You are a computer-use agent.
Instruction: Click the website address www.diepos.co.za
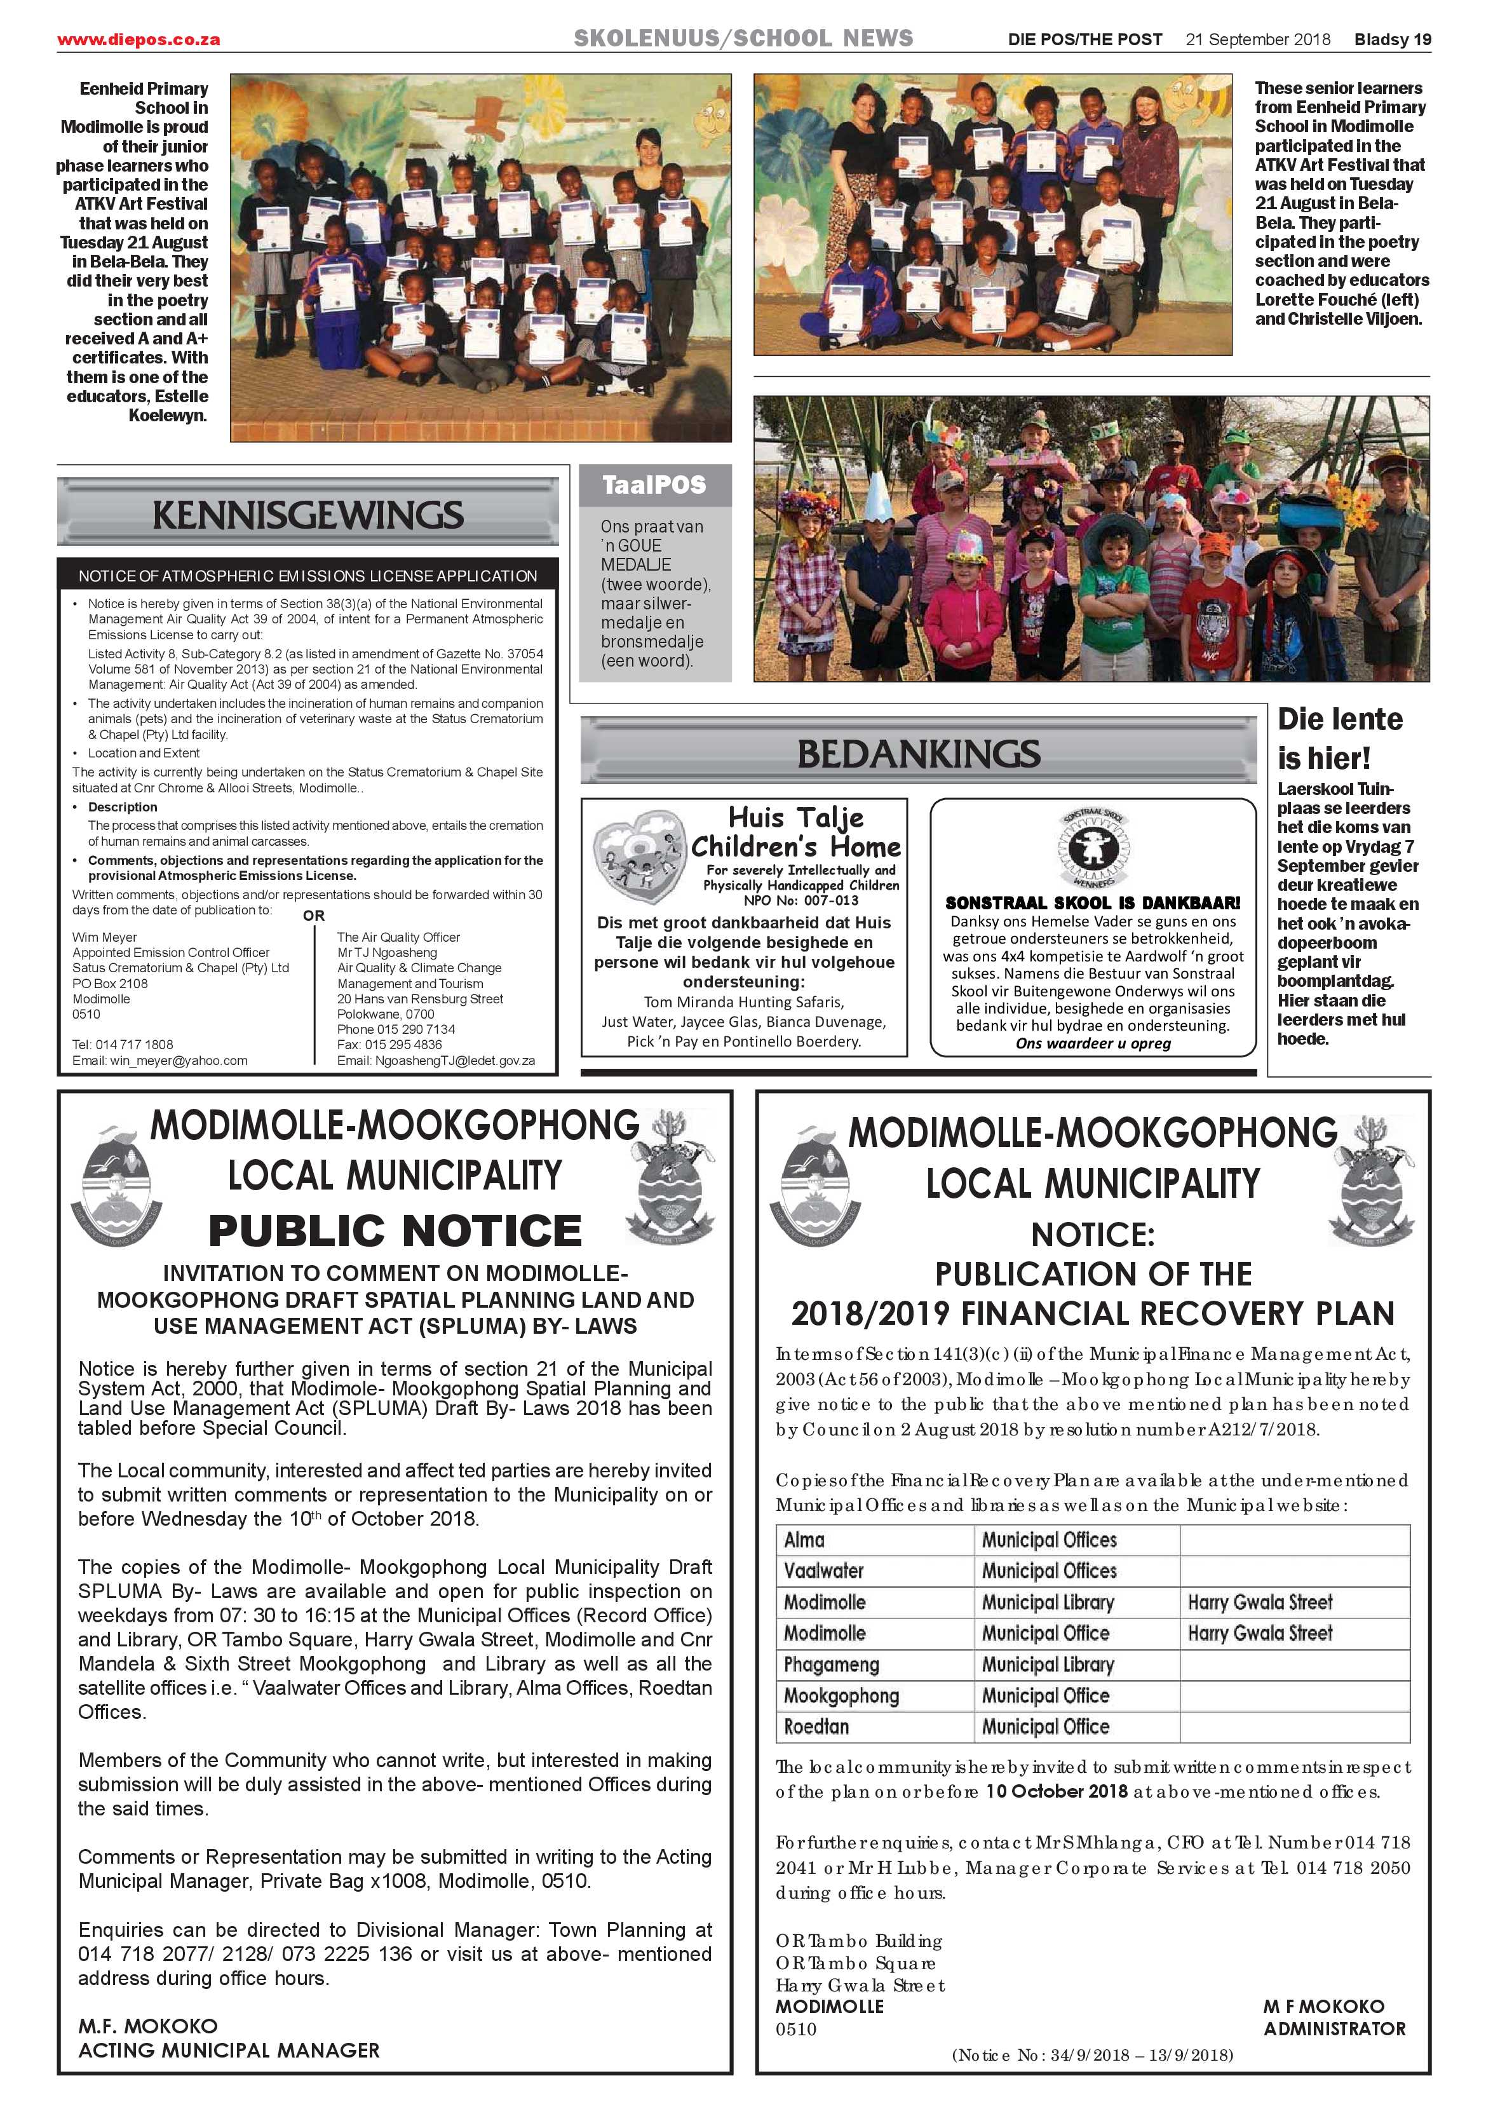138,39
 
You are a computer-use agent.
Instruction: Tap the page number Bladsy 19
1392,39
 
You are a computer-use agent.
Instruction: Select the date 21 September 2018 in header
1257,39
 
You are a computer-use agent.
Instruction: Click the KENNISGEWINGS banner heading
307,515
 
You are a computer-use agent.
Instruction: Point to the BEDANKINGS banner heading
918,754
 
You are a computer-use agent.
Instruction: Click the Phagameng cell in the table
830,1664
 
